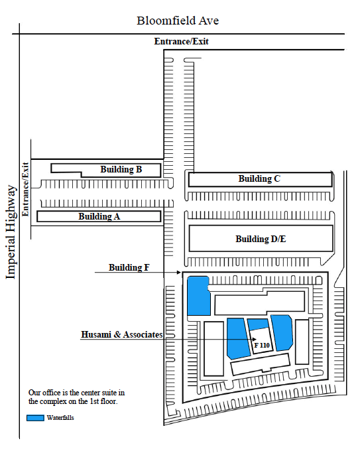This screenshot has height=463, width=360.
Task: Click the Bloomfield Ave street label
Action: [178, 21]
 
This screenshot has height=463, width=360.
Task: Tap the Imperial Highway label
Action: [11, 232]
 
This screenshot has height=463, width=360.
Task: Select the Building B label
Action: [121, 169]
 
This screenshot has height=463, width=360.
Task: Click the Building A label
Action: [99, 216]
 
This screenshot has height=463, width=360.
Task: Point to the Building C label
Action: [259, 178]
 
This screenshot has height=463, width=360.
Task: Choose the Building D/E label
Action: [261, 239]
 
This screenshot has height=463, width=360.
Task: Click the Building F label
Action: [129, 267]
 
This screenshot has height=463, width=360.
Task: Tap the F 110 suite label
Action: [262, 345]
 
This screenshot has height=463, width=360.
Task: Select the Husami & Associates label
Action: [122, 334]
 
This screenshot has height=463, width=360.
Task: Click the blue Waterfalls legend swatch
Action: [35, 418]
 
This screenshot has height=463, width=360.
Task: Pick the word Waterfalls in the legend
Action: [60, 417]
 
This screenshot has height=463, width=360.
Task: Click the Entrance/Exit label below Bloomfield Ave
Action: [181, 41]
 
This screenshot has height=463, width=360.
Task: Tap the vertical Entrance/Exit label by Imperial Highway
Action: [25, 189]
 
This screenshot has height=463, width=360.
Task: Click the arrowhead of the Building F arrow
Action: [179, 272]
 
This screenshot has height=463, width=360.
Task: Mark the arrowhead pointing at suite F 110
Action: [255, 339]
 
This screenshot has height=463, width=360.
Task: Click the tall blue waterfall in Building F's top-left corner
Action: [198, 296]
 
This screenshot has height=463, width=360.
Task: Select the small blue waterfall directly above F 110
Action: [258, 324]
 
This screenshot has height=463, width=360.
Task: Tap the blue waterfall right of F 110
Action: [282, 333]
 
